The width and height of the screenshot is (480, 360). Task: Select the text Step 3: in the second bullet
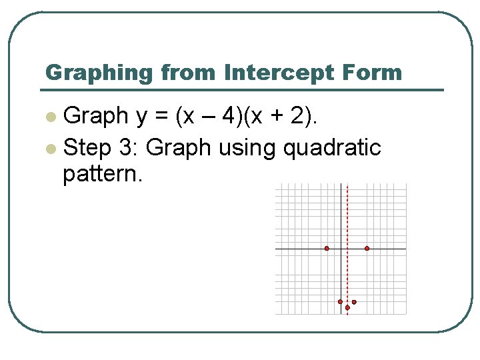pos(100,147)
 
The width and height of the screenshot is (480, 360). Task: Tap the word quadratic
pos(332,147)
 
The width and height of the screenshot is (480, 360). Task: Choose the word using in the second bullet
pos(244,148)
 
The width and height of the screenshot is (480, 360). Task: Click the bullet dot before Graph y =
pos(50,117)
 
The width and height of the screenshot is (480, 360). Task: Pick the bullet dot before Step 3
pos(50,148)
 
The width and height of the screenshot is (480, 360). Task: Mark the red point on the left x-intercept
pos(327,249)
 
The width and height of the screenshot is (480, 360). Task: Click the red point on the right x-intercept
pos(367,249)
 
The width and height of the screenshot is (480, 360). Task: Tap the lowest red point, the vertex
pos(347,308)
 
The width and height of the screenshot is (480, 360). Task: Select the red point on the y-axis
pos(340,302)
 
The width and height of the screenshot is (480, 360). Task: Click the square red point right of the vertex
pos(354,302)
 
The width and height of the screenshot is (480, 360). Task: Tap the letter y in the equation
pos(142,118)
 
